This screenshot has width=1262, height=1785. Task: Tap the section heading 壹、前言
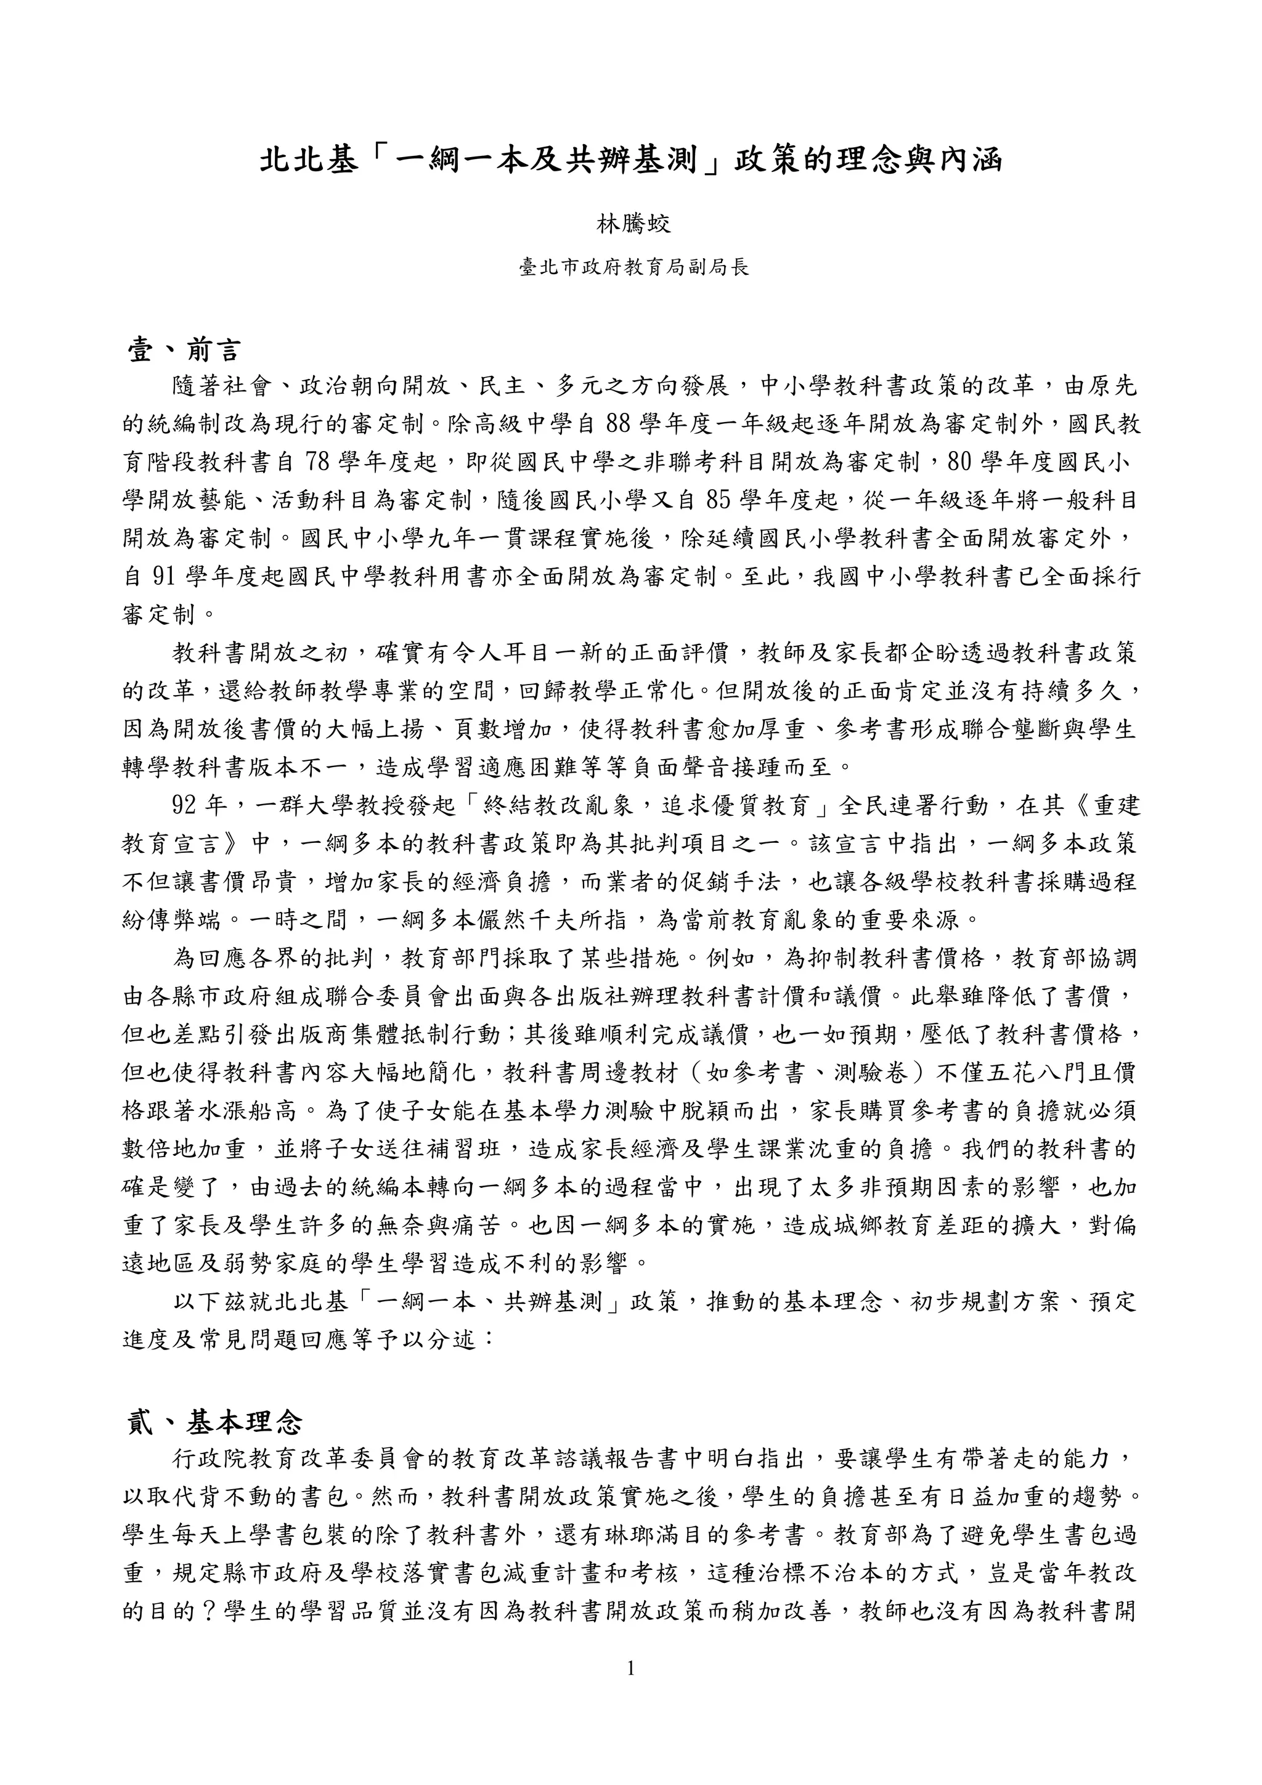click(184, 351)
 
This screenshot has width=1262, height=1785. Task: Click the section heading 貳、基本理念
click(214, 1422)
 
